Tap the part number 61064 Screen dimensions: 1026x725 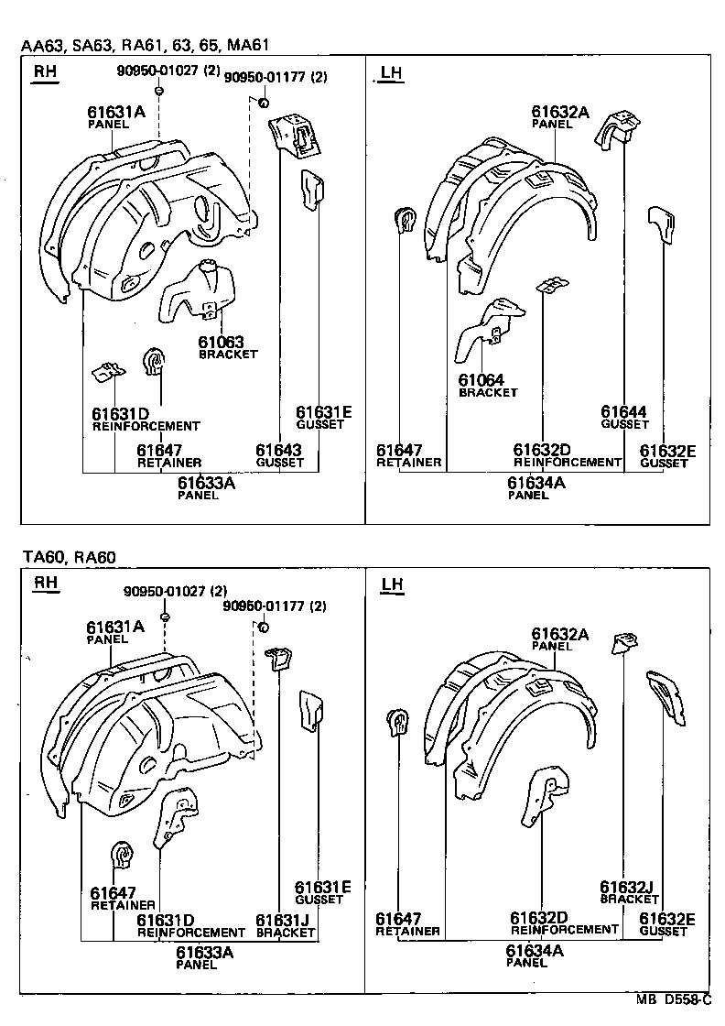click(481, 380)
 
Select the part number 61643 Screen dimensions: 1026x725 click(278, 450)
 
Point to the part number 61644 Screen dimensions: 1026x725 click(623, 412)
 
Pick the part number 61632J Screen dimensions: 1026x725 click(625, 887)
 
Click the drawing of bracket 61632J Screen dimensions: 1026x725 click(625, 645)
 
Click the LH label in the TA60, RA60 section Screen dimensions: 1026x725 click(391, 584)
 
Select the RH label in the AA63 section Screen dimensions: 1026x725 click(44, 72)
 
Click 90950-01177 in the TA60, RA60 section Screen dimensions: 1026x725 click(275, 606)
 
